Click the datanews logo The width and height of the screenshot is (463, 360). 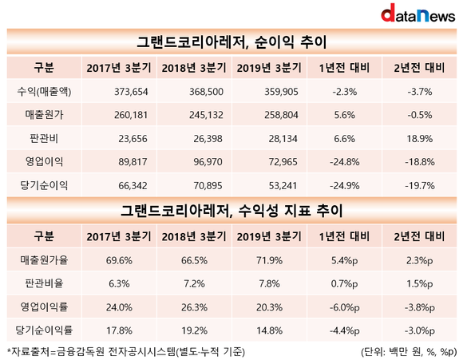pyautogui.click(x=417, y=13)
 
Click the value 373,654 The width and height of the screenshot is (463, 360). pyautogui.click(x=131, y=92)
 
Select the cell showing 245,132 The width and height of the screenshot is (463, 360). pyautogui.click(x=206, y=115)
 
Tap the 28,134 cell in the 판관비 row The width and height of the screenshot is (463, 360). pyautogui.click(x=283, y=139)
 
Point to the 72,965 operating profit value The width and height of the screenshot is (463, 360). pyautogui.click(x=283, y=162)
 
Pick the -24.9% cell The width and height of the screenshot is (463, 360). pyautogui.click(x=345, y=185)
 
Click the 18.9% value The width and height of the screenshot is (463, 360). pyautogui.click(x=420, y=139)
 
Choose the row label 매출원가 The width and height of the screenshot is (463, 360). pyautogui.click(x=44, y=115)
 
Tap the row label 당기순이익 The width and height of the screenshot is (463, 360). pyautogui.click(x=44, y=185)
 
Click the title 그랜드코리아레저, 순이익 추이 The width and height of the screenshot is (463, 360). pyautogui.click(x=231, y=42)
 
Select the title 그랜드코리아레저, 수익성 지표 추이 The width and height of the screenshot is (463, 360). pyautogui.click(x=231, y=211)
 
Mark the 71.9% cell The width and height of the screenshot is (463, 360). pyautogui.click(x=269, y=260)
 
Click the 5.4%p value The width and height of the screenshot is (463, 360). pyautogui.click(x=345, y=260)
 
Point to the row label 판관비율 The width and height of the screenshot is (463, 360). pyautogui.click(x=44, y=283)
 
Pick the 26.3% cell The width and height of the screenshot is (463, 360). pyautogui.click(x=194, y=307)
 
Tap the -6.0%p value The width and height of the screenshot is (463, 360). pyautogui.click(x=345, y=307)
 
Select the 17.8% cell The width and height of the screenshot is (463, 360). pyautogui.click(x=119, y=330)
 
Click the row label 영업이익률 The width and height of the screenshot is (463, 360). pyautogui.click(x=44, y=307)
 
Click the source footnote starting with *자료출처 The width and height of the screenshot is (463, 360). pyautogui.click(x=126, y=352)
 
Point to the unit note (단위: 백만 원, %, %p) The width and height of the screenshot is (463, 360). pyautogui.click(x=409, y=352)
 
